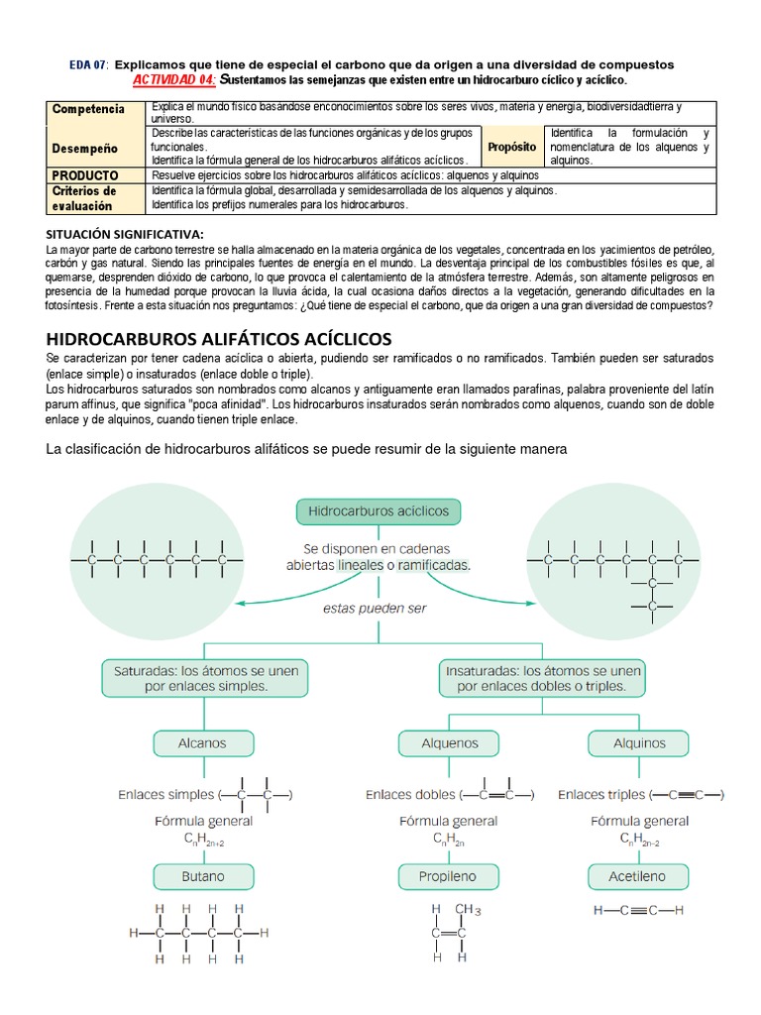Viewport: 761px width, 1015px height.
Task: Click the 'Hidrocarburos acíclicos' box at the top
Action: point(379,511)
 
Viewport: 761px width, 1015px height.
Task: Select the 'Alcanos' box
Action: point(201,742)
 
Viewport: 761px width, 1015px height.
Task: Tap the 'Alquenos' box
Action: point(449,742)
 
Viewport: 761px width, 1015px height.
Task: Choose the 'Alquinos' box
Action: point(639,742)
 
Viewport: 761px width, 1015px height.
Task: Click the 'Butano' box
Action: point(201,876)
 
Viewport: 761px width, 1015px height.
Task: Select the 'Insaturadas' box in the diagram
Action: point(541,678)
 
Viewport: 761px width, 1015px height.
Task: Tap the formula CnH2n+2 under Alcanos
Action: point(202,840)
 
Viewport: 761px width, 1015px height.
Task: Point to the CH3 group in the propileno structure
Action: point(468,910)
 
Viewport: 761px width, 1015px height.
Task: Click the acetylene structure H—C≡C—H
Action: point(638,910)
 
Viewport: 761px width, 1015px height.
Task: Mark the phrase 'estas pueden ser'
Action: point(376,608)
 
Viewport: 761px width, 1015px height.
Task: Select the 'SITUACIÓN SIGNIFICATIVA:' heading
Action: point(124,233)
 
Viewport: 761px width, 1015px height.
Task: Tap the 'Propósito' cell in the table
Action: point(511,147)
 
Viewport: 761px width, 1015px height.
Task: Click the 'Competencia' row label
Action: point(88,109)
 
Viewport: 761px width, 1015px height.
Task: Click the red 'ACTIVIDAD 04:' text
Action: point(174,78)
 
